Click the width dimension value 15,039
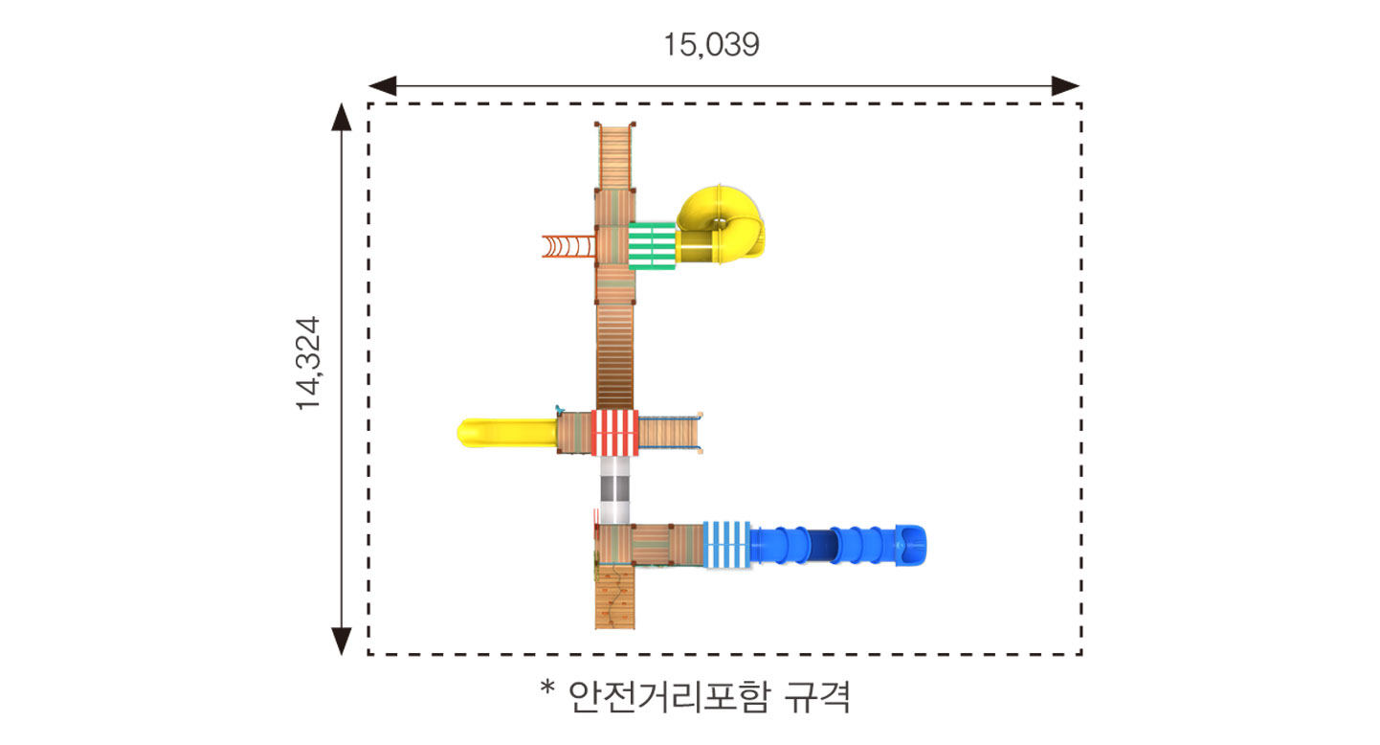(711, 45)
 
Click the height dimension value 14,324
(309, 364)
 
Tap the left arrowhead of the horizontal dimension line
(382, 85)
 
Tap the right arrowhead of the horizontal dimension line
(1065, 85)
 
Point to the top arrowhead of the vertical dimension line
(342, 117)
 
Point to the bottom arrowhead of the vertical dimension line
(342, 642)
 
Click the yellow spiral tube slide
(721, 224)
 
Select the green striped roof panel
(652, 246)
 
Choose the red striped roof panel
(614, 433)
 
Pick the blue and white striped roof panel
(727, 544)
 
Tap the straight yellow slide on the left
(506, 433)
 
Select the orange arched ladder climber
(568, 246)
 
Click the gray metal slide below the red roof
(614, 490)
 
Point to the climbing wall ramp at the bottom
(614, 597)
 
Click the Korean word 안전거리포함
(669, 696)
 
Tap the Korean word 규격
(817, 696)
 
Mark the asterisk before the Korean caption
(547, 688)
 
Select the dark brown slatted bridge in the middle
(614, 356)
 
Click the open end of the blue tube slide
(911, 545)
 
